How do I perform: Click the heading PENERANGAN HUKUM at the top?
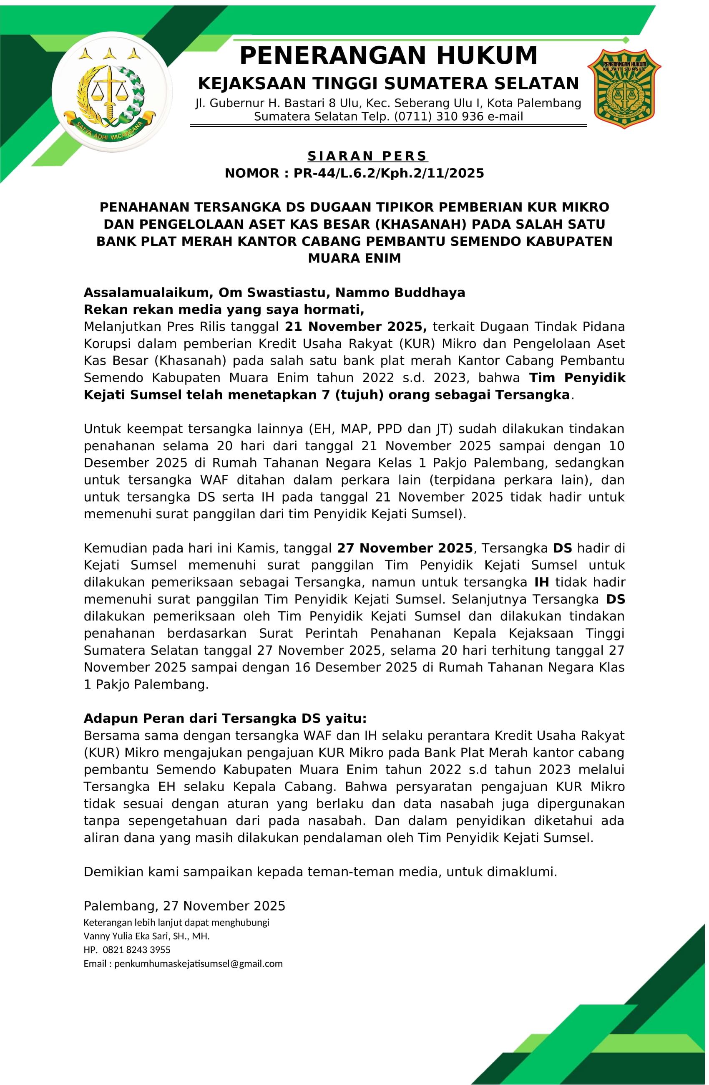pyautogui.click(x=388, y=56)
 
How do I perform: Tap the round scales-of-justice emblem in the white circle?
pyautogui.click(x=112, y=92)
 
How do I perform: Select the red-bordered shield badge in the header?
pyautogui.click(x=624, y=89)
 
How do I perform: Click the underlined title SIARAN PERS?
pyautogui.click(x=367, y=156)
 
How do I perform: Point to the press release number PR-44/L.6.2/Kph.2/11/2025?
pyautogui.click(x=388, y=173)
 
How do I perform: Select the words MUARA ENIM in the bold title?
pyautogui.click(x=354, y=258)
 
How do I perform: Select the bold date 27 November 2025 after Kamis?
pyautogui.click(x=405, y=548)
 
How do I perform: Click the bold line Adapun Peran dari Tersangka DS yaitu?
pyautogui.click(x=225, y=719)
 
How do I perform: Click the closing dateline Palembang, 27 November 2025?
pyautogui.click(x=184, y=906)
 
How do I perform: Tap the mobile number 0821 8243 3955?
pyautogui.click(x=137, y=950)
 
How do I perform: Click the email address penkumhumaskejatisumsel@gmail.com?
pyautogui.click(x=198, y=964)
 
